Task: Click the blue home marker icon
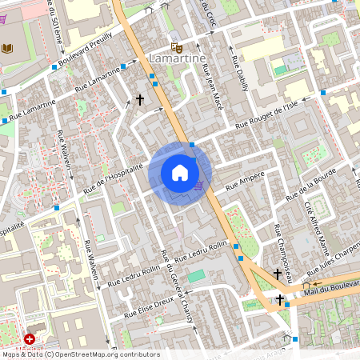pyautogui.click(x=180, y=173)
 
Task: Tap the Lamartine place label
pyautogui.click(x=178, y=59)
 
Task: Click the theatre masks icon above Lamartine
pyautogui.click(x=176, y=46)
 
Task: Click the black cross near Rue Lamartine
pyautogui.click(x=140, y=100)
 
